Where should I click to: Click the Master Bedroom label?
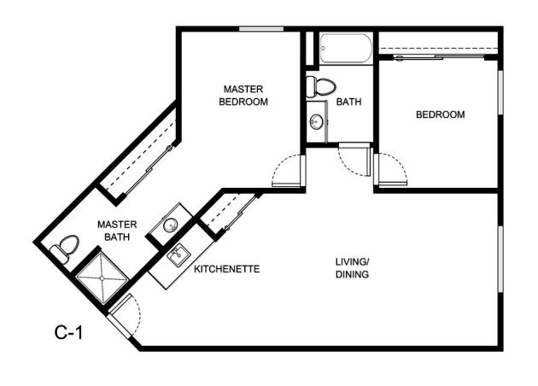click(243, 96)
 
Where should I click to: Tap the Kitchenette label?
click(227, 269)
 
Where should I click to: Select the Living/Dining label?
click(352, 268)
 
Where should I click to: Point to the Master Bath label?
click(117, 231)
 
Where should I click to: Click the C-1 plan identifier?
click(68, 332)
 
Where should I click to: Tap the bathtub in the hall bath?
click(346, 49)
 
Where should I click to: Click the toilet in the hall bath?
click(320, 87)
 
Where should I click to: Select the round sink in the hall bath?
click(316, 122)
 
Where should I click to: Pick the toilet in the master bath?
click(65, 249)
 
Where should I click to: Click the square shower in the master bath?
click(102, 278)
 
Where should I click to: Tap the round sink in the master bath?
click(170, 225)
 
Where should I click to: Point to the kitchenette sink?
click(178, 254)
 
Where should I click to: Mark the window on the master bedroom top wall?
click(261, 29)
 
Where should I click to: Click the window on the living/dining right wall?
click(500, 259)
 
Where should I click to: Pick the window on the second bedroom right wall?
click(500, 92)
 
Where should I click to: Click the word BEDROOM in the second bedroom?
click(440, 114)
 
